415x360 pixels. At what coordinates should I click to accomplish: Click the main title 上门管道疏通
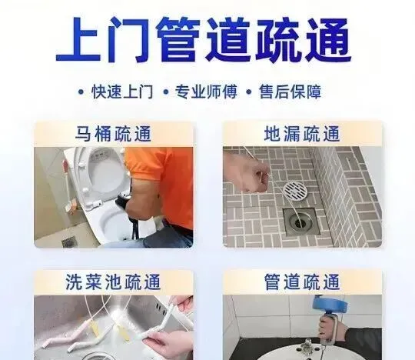pos(204,40)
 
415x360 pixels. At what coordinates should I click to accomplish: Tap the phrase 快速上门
pos(122,92)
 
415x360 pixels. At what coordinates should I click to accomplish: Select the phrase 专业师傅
pos(206,92)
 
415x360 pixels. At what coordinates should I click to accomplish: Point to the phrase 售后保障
pos(290,92)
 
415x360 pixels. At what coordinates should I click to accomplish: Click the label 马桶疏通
pos(113,134)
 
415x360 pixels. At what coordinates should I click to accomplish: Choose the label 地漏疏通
pos(302,134)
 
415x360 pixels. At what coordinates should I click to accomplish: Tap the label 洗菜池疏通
pos(113,282)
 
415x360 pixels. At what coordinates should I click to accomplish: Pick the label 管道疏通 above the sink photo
pos(302,282)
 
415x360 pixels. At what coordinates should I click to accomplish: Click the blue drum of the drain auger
pos(326,304)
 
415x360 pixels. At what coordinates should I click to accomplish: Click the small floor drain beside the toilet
pos(69,242)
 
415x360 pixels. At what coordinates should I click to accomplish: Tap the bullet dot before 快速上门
pos(81,92)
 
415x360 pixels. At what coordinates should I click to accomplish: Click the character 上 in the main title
pos(78,40)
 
